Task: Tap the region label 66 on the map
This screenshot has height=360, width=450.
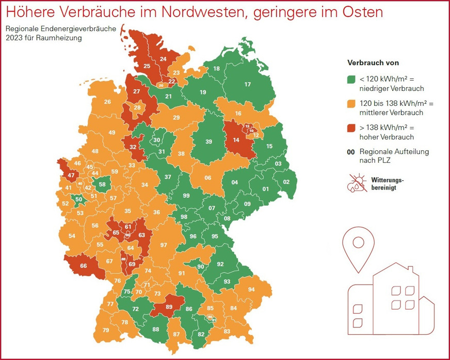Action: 84,266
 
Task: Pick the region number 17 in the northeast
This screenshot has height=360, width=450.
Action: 247,84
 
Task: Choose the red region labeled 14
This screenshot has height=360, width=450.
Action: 236,140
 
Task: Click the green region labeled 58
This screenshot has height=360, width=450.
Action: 102,184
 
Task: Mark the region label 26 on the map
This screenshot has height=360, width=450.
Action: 107,102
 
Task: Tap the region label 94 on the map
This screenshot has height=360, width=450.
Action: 251,290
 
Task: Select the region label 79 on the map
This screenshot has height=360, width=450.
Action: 106,330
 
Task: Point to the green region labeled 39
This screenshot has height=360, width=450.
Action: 208,142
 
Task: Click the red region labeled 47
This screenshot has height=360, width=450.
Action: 71,175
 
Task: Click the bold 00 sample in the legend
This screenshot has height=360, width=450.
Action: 350,152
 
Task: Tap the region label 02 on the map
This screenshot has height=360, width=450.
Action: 286,182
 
